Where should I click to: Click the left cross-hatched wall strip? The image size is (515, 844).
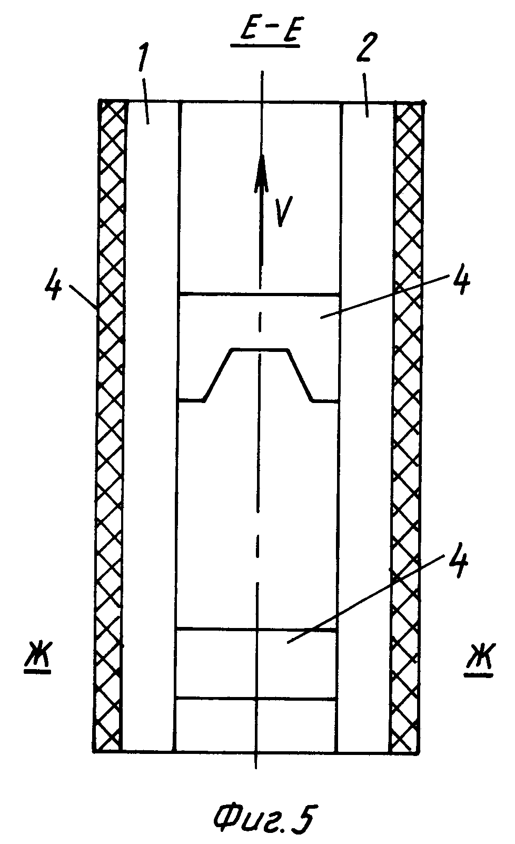click(110, 421)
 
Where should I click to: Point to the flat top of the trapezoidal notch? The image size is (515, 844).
click(260, 349)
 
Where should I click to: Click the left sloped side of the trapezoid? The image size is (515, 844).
click(217, 375)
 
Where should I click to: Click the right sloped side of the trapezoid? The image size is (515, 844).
click(301, 375)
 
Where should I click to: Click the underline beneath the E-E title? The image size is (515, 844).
click(265, 46)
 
